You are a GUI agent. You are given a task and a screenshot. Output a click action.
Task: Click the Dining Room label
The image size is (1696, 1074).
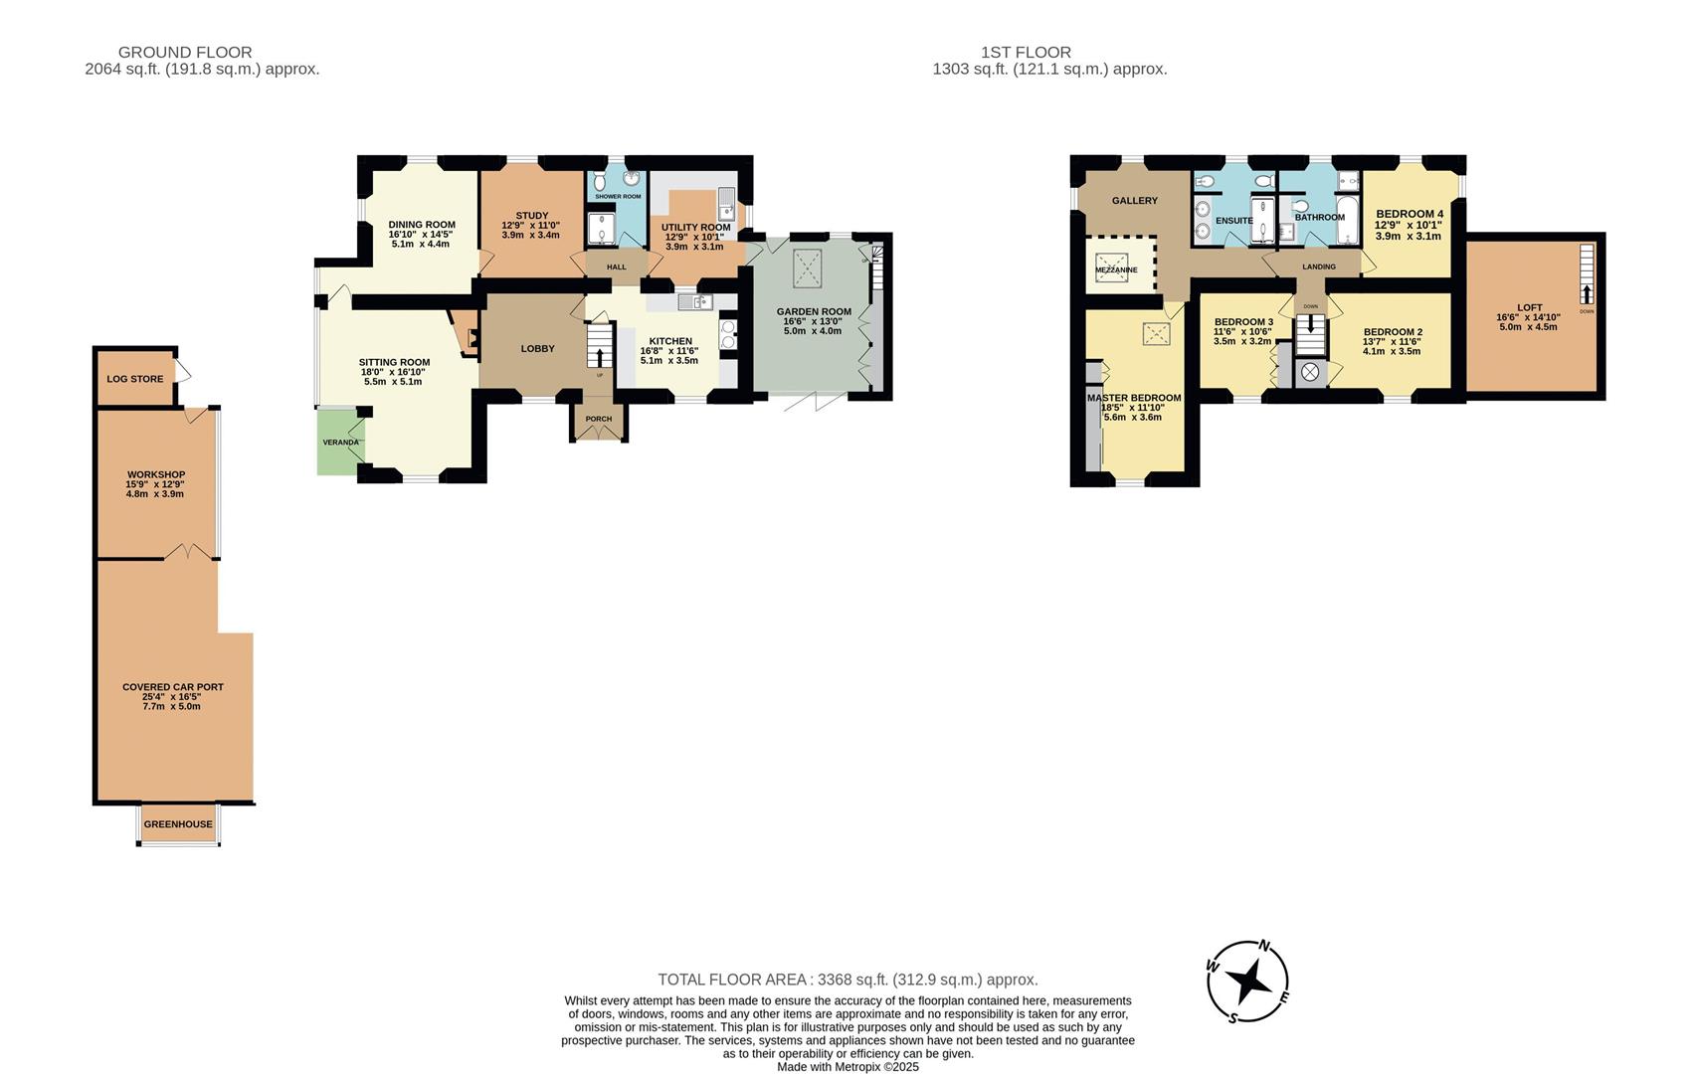(422, 225)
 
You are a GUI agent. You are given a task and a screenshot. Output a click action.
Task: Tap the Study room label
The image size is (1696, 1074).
(532, 216)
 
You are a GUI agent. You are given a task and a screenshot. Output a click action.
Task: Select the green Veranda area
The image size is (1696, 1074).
(338, 442)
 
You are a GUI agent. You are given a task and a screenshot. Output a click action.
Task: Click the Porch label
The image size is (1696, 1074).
(599, 419)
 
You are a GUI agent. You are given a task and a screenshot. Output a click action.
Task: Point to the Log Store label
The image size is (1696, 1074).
(135, 379)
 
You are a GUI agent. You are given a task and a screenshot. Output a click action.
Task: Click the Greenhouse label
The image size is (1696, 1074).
(178, 824)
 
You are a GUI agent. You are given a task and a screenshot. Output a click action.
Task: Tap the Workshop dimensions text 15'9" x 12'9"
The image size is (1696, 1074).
(155, 484)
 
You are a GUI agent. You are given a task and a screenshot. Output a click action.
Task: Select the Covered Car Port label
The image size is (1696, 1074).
(173, 687)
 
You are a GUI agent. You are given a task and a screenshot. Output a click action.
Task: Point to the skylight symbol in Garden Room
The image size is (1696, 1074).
(806, 268)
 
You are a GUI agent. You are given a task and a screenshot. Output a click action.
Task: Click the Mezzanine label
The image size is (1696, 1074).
(1115, 269)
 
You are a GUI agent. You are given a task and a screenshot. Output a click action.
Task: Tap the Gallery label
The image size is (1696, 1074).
(1135, 201)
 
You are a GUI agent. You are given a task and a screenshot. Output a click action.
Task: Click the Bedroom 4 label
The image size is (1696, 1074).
(1409, 214)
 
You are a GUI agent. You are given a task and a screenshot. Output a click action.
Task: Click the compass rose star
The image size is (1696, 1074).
(1247, 982)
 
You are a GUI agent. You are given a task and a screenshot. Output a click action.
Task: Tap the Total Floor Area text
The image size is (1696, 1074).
(848, 980)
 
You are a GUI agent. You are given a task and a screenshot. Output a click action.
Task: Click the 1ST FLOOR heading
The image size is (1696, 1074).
(1026, 52)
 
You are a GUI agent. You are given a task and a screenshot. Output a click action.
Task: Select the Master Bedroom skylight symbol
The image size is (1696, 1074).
(1156, 334)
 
